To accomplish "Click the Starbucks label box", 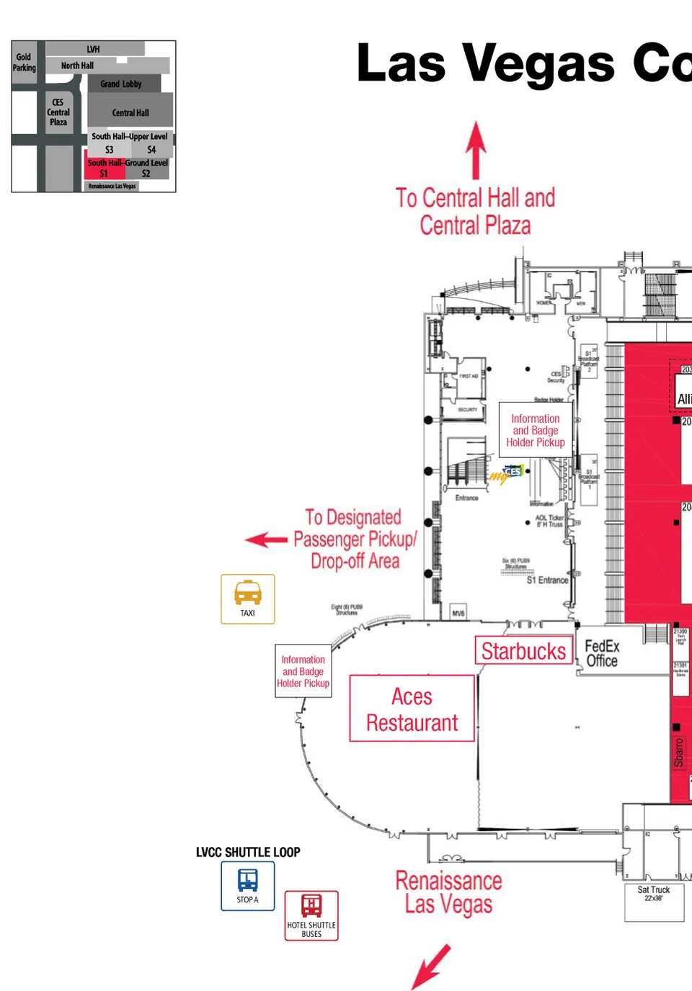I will click(523, 651).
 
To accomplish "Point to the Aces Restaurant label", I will click(412, 709).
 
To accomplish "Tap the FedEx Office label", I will click(601, 653).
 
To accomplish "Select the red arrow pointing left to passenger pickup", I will click(266, 539).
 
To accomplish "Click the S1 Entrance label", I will click(547, 580).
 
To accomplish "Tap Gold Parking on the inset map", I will click(24, 63).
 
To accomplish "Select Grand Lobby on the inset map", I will click(121, 84).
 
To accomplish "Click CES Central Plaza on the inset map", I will click(58, 112).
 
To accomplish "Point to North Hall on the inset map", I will click(77, 66).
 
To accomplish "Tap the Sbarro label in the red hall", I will click(678, 753).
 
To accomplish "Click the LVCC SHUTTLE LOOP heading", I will click(248, 852).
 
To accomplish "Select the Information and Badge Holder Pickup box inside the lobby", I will click(536, 431).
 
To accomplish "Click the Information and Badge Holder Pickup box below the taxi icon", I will click(303, 671).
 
